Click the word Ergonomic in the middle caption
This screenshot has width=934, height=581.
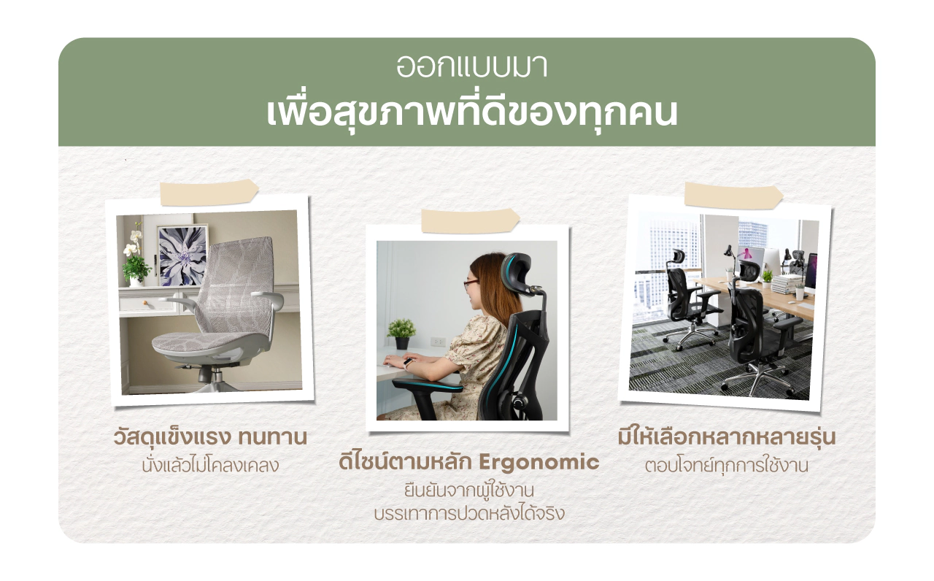click(539, 463)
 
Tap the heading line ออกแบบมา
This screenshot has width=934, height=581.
click(471, 66)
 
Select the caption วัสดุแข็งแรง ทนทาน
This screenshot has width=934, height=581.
click(210, 437)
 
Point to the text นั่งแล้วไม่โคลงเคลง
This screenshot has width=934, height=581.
click(210, 465)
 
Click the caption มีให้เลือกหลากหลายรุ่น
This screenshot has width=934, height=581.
click(726, 436)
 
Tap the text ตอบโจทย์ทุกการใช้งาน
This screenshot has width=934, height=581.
click(726, 465)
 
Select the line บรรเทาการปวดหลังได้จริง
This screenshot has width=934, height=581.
click(469, 513)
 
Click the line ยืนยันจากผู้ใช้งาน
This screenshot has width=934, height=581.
click(469, 490)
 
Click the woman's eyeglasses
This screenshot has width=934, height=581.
click(471, 285)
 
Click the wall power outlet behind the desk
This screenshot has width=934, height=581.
click(438, 342)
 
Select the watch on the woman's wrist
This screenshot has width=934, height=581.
click(408, 363)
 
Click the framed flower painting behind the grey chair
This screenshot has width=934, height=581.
click(182, 255)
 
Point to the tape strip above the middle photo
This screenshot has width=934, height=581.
click(471, 221)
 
